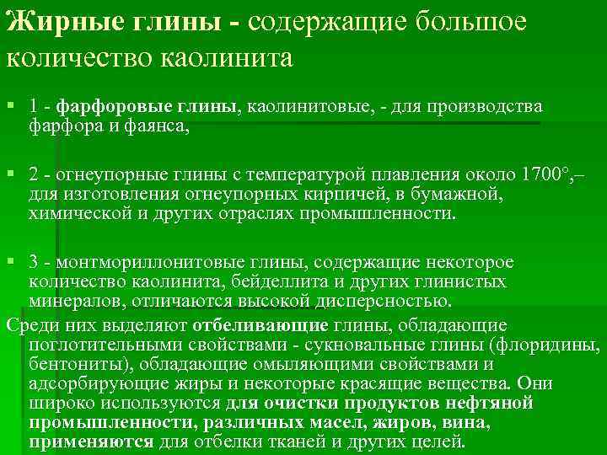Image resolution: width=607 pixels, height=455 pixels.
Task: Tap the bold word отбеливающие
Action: pyautogui.click(x=260, y=325)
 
